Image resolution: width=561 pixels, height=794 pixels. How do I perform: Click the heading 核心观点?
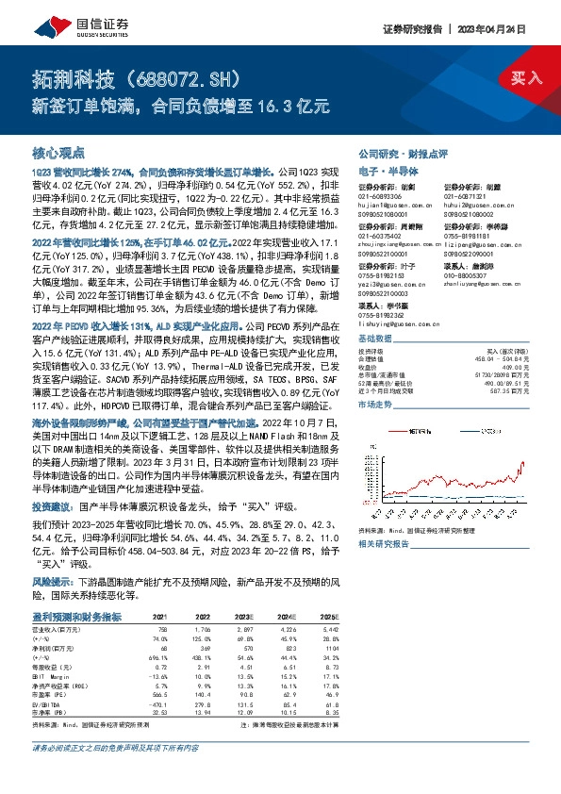(x=58, y=152)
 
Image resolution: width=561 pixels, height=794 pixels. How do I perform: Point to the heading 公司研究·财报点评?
(x=402, y=153)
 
